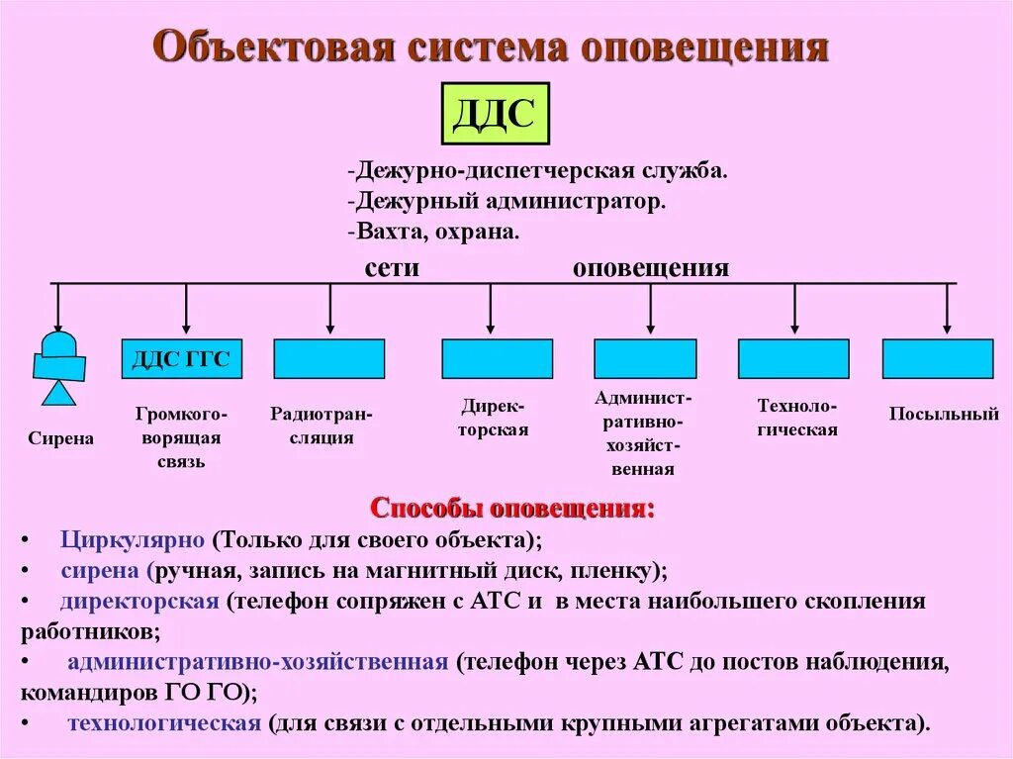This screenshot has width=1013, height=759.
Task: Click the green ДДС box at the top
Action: [x=494, y=114]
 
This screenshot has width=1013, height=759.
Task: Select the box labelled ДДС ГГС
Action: [x=181, y=358]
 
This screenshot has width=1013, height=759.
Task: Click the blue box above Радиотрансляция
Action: [x=328, y=358]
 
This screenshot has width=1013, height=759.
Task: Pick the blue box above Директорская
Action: [x=497, y=358]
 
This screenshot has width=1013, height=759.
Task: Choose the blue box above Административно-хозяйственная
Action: [x=645, y=358]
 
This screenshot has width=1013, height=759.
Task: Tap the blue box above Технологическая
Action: [x=793, y=358]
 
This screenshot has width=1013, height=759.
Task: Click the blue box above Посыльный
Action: [x=938, y=358]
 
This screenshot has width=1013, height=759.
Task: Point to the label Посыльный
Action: [x=944, y=415]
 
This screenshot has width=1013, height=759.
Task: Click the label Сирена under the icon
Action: [x=60, y=438]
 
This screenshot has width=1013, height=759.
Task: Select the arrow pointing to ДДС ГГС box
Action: [x=186, y=308]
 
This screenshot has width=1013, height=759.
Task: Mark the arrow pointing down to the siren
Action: [x=57, y=308]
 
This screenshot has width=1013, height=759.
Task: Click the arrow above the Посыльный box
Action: [x=947, y=308]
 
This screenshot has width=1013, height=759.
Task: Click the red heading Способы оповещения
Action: [x=511, y=509]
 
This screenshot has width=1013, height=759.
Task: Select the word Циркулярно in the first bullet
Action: [x=132, y=540]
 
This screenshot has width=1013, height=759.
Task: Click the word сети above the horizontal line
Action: [x=392, y=267]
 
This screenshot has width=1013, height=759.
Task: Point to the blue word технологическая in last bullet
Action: [x=163, y=722]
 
